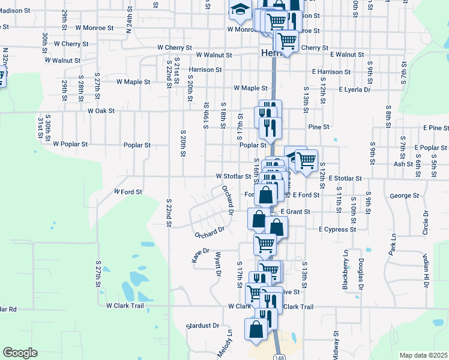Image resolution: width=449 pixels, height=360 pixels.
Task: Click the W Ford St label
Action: point(128,192)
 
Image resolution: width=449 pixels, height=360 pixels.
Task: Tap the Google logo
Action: point(20,353)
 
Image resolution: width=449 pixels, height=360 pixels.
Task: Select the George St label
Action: point(403,196)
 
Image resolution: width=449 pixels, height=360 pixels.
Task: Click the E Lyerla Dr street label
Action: point(354,89)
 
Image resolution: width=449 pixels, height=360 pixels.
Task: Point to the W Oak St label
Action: point(101,111)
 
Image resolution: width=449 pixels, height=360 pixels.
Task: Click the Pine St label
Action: point(318,127)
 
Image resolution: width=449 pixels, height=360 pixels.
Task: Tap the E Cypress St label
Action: point(338,229)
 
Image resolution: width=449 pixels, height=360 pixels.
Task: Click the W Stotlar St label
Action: point(234,177)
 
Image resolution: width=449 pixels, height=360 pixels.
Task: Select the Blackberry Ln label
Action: point(345,271)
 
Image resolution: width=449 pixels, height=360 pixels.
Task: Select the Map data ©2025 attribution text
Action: point(423,355)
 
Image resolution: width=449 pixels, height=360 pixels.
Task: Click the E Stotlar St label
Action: point(342,179)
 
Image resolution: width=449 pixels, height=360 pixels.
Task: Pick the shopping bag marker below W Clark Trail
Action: point(256,329)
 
